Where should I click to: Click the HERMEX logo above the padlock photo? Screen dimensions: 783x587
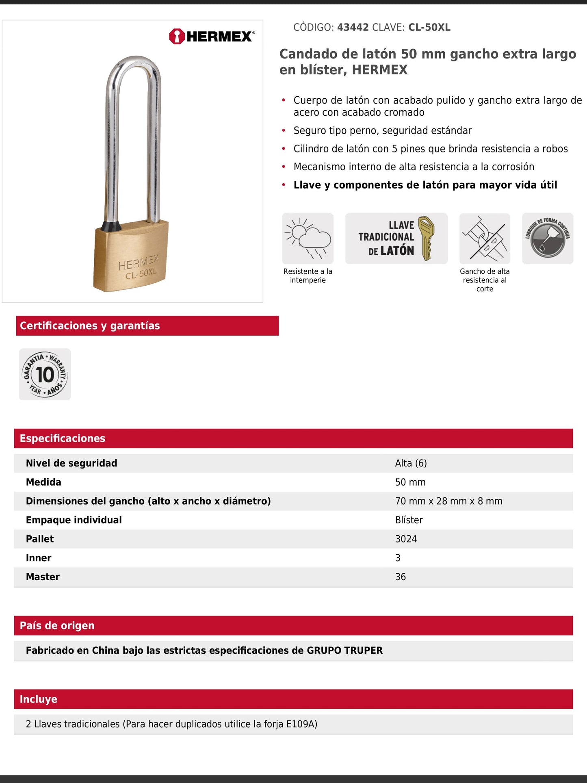[x=212, y=37]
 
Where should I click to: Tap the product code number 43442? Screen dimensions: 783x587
[x=353, y=28]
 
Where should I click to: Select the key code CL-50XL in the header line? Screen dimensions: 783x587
[x=429, y=28]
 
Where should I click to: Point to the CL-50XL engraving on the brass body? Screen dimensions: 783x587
[x=141, y=273]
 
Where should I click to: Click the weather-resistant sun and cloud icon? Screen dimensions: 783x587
[x=308, y=239]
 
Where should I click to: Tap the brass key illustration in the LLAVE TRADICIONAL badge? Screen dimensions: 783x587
[x=426, y=238]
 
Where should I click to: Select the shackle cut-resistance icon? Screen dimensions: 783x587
[x=485, y=239]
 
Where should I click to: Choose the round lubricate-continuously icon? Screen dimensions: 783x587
[x=547, y=239]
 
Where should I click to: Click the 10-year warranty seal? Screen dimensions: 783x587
[x=45, y=374]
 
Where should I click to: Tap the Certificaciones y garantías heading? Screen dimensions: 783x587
[x=90, y=326]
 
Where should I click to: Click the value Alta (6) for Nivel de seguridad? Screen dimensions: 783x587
[x=411, y=463]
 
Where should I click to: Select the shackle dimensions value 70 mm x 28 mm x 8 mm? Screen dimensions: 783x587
[x=448, y=501]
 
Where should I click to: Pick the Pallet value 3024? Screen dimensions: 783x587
[x=406, y=539]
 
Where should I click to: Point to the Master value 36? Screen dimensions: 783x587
[x=400, y=577]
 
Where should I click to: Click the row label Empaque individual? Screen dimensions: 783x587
[x=74, y=520]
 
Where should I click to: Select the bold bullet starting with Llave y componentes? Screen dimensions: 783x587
[x=425, y=185]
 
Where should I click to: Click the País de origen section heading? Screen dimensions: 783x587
[x=57, y=626]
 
